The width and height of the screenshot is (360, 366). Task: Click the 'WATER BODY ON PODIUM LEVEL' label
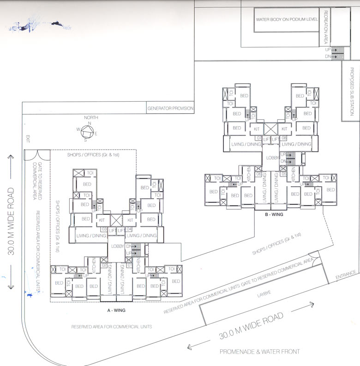coord(286,20)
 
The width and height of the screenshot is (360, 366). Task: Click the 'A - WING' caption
coord(117,310)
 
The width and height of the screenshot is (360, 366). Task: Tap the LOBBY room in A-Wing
coord(118,246)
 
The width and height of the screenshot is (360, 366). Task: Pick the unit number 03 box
coord(104,229)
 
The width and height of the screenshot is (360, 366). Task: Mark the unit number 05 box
coord(258,174)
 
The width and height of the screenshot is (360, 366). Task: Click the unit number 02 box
coord(104,265)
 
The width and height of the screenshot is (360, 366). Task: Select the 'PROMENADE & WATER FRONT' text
coord(259,352)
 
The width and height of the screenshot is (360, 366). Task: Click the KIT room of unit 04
coord(131,220)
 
